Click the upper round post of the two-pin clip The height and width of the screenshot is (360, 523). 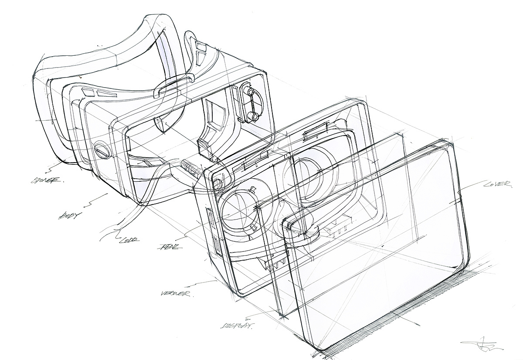250,91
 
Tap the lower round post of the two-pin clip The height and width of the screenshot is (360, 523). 253,116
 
